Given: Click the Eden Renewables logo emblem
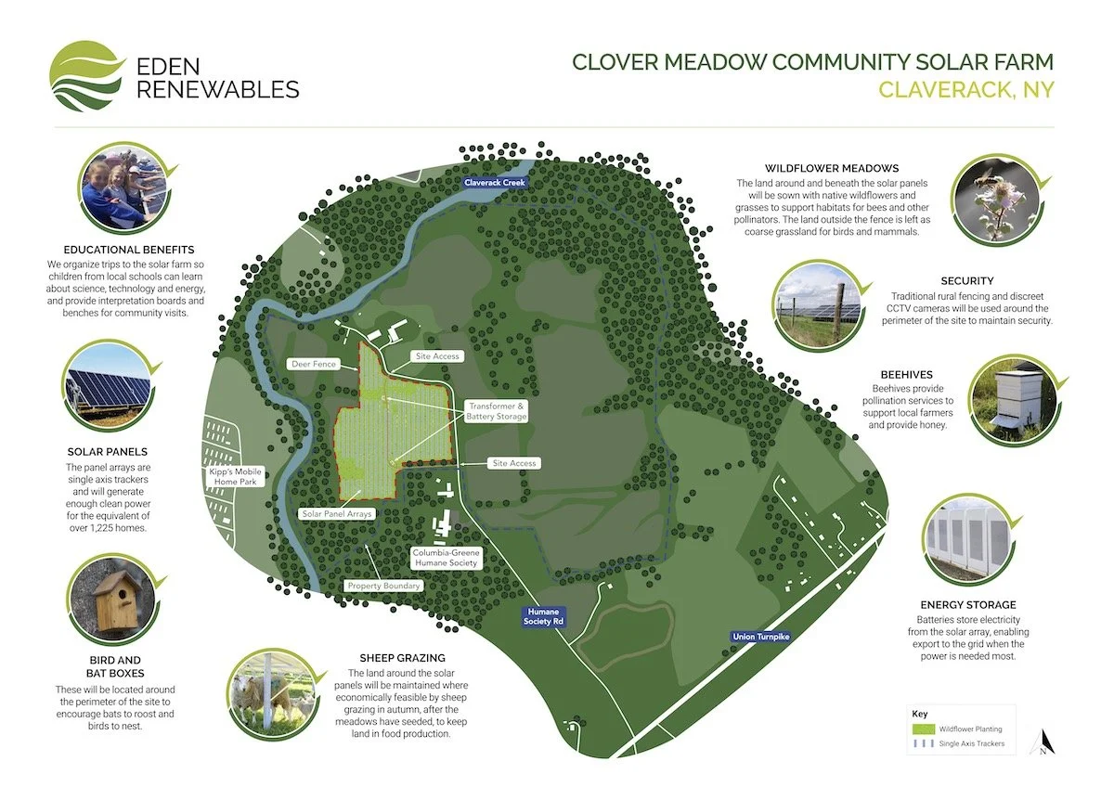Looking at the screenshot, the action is tap(86, 76).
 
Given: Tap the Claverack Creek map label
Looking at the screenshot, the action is tap(495, 184).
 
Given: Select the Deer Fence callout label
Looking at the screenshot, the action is tap(312, 365).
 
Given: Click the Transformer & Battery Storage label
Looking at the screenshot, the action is tap(498, 412).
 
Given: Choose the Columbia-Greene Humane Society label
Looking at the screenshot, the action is tap(445, 557).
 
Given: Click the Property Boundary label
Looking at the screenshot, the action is tap(384, 586).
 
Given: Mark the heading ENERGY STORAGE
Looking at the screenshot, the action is tap(967, 604).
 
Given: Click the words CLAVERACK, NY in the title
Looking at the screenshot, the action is tap(965, 90).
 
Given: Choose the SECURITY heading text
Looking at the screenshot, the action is tap(966, 280).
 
